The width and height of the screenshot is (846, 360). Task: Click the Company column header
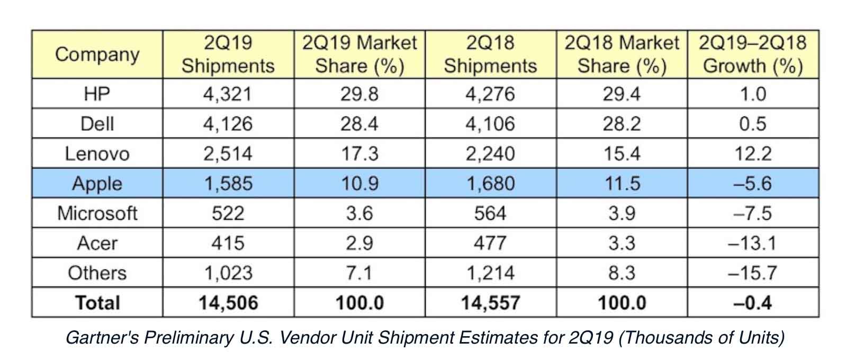tap(97, 55)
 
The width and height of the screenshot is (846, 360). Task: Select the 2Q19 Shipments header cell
tap(228, 55)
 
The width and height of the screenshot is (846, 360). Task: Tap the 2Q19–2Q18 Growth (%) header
tap(752, 55)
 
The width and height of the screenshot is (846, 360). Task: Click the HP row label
tap(97, 94)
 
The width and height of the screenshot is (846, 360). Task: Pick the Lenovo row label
tap(97, 154)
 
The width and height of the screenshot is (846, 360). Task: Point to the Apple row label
tap(97, 184)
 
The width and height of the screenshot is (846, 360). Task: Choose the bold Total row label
tap(97, 303)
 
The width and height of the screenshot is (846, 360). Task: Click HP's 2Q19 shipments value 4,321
tap(228, 94)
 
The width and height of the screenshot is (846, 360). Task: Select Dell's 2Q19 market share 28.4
tap(359, 124)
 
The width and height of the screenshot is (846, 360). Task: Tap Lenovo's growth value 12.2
tap(752, 154)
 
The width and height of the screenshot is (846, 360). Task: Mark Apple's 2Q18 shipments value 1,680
tap(490, 184)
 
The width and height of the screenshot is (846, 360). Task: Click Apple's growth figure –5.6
tap(752, 184)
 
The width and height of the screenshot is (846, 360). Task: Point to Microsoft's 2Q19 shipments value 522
tap(228, 213)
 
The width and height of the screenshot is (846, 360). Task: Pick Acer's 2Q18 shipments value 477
tap(490, 243)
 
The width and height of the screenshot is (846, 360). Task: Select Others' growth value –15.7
tap(752, 273)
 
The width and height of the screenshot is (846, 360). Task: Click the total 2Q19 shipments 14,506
tap(228, 303)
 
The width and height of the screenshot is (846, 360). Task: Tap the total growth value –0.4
tap(752, 303)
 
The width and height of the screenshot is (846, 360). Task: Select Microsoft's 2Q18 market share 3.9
tap(622, 213)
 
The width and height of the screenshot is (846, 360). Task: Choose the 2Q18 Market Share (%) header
tap(622, 55)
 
